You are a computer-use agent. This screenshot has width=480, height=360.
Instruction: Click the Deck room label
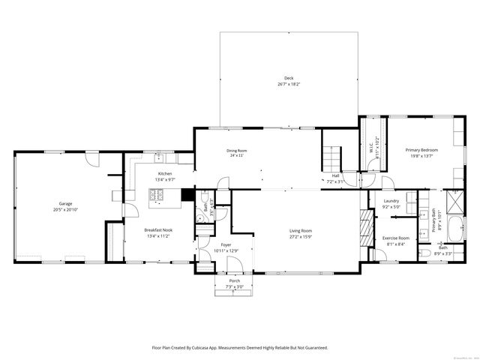tap(288, 79)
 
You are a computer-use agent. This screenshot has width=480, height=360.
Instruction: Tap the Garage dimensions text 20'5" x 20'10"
tap(66, 209)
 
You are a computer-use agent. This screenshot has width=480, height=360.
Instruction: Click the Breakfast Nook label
tap(159, 229)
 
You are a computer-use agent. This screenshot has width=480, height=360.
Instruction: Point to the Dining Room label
tap(237, 150)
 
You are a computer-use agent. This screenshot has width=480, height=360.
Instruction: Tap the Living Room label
tap(301, 230)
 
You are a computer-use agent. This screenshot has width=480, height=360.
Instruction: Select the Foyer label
tap(226, 244)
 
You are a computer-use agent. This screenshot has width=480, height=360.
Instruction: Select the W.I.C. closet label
tap(370, 147)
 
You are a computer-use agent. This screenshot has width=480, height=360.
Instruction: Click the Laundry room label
tap(390, 201)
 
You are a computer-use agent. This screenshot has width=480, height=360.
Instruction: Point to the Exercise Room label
tap(393, 238)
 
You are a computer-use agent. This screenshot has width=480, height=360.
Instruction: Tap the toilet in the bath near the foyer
tap(199, 218)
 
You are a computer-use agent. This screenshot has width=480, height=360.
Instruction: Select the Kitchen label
tap(165, 173)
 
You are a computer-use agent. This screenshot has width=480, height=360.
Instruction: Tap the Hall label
tap(337, 176)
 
